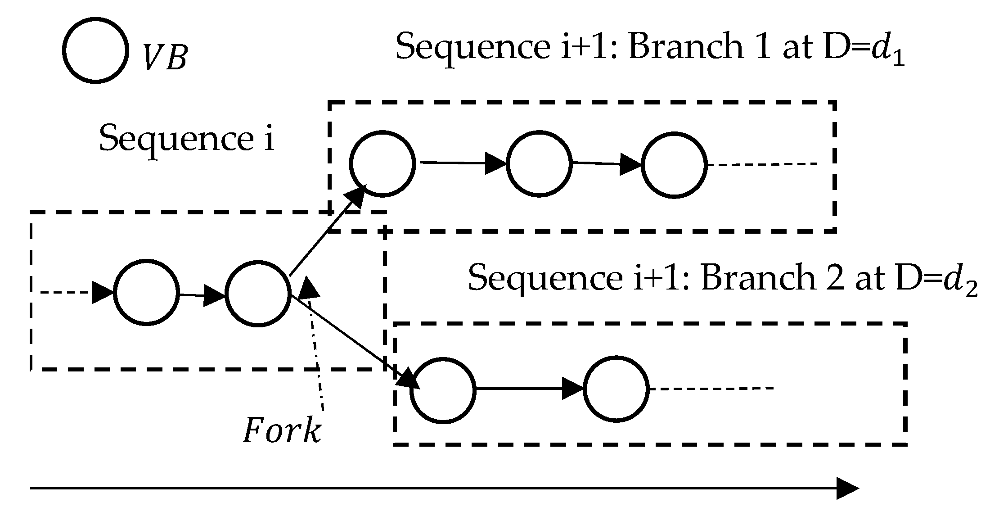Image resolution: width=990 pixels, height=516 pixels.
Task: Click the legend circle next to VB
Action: click(x=95, y=50)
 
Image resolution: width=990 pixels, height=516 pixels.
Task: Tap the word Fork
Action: click(x=282, y=431)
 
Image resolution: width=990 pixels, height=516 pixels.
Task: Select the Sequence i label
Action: click(x=186, y=139)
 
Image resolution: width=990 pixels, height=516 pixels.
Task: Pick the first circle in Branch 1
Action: click(x=382, y=164)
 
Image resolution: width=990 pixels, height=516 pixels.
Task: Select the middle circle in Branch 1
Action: click(x=539, y=164)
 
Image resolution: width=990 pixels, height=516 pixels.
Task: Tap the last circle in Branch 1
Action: click(x=674, y=165)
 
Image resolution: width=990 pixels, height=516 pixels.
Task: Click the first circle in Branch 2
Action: click(x=443, y=390)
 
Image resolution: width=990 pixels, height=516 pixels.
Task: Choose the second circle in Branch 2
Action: click(x=616, y=388)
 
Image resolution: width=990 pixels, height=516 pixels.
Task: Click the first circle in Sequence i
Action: click(x=146, y=292)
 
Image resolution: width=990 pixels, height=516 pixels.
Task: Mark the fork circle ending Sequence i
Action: click(x=257, y=294)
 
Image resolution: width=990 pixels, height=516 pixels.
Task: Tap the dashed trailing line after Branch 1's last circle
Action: click(x=761, y=165)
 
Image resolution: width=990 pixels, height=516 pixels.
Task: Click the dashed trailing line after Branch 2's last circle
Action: click(x=711, y=389)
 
